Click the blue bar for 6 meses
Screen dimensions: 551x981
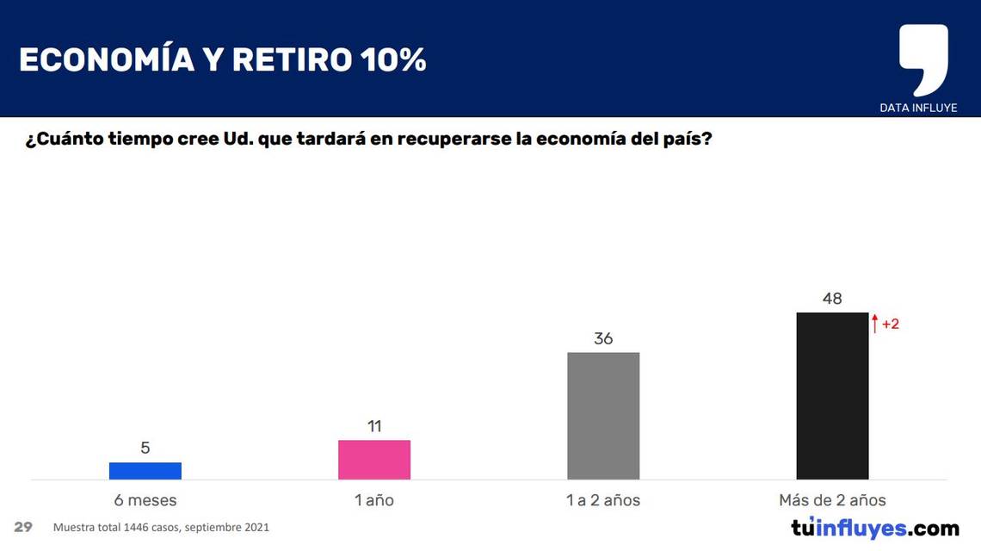click(x=145, y=470)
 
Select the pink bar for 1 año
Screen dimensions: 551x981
click(x=373, y=460)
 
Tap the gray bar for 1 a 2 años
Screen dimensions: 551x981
click(x=603, y=415)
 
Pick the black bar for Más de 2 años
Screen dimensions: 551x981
click(x=832, y=395)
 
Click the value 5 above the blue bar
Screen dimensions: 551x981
click(x=145, y=448)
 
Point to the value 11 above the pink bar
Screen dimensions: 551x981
click(x=373, y=426)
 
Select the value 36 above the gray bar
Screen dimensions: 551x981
click(x=603, y=338)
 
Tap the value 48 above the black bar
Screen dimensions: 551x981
click(x=832, y=299)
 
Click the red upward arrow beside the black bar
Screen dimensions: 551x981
click(x=875, y=324)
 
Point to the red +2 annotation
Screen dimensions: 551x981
click(x=891, y=325)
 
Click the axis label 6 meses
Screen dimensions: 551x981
click(x=145, y=500)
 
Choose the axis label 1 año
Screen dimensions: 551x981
click(x=373, y=500)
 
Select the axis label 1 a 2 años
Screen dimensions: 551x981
click(x=603, y=500)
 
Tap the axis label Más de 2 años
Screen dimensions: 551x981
click(x=832, y=500)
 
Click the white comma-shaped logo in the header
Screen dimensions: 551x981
click(x=922, y=57)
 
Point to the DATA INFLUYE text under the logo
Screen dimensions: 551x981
click(x=918, y=108)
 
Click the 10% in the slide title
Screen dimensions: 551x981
click(x=393, y=60)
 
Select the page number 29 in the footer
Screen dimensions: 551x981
click(x=23, y=527)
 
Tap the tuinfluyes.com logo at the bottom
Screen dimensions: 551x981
click(x=874, y=528)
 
